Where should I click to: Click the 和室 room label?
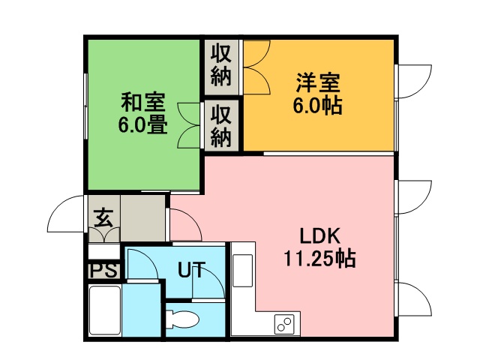coord(143,102)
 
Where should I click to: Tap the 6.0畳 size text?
coord(143,124)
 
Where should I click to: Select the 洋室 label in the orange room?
coord(318,82)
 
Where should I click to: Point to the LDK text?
coord(320,236)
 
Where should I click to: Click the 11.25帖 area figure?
coord(320,259)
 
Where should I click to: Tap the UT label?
coord(191,270)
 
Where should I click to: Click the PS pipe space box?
coord(103,270)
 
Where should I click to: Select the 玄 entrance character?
coord(103,217)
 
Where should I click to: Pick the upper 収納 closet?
coord(221,67)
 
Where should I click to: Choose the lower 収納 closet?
coord(221,125)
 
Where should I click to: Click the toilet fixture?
coord(181,319)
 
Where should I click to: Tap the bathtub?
coord(104,310)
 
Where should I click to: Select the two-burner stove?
coord(284,324)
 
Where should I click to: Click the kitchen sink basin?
coord(243,270)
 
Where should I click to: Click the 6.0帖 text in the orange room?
coord(318,106)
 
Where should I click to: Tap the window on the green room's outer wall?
coord(86,106)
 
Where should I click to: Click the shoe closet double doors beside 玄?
coord(103,235)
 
